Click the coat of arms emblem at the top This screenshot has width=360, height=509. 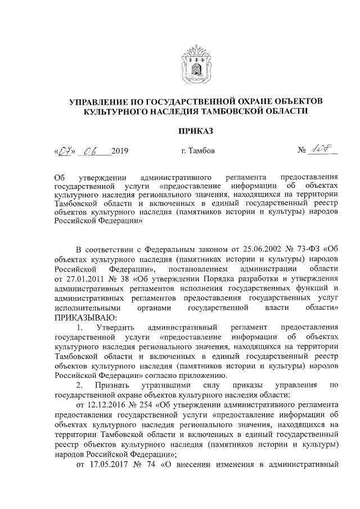(x=194, y=66)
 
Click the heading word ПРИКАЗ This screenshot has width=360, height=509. (x=194, y=131)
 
